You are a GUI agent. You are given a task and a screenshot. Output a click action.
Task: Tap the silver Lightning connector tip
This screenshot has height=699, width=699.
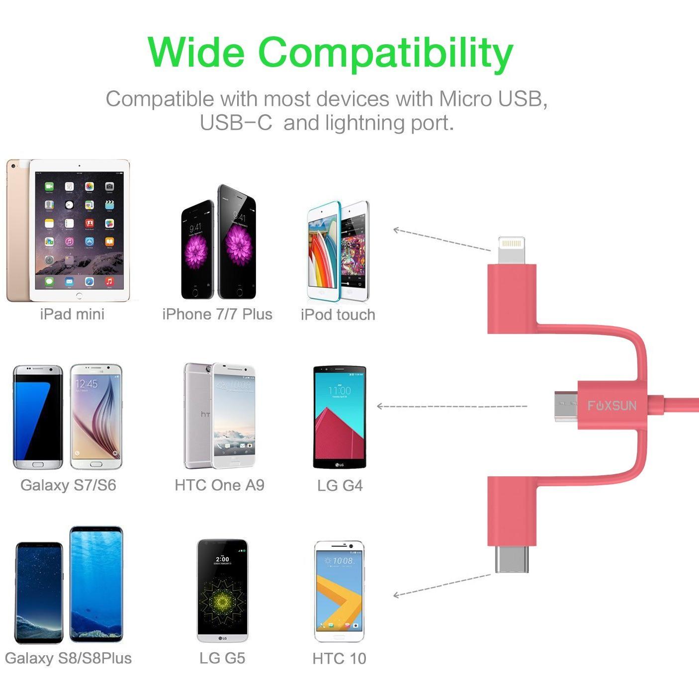pos(512,250)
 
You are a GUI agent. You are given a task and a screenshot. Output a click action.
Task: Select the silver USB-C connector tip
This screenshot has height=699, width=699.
pos(512,559)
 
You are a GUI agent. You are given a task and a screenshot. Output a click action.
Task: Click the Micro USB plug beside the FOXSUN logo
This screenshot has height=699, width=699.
pos(566,406)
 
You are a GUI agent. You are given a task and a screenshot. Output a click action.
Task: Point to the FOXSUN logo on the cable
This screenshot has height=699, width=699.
pos(612,406)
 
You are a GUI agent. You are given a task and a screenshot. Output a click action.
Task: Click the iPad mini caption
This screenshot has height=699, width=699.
pos(72,314)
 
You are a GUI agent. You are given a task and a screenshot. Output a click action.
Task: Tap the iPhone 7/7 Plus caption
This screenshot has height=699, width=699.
pos(217,314)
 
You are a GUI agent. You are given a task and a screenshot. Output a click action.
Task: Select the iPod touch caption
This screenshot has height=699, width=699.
pos(338,315)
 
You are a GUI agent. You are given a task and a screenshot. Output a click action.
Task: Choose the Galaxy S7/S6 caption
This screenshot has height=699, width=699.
pos(68,485)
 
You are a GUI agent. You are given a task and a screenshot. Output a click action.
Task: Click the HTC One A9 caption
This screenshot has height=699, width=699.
pos(219,485)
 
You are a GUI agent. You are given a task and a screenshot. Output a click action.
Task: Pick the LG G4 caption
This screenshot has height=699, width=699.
pos(340,485)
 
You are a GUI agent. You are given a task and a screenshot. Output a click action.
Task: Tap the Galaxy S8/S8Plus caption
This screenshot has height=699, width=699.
pos(68,658)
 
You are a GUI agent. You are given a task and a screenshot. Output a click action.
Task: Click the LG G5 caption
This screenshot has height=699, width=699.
pos(222,658)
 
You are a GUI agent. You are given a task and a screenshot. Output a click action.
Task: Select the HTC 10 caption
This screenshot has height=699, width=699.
pos(340,658)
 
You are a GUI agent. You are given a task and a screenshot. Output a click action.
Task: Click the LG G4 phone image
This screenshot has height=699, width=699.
pos(340,417)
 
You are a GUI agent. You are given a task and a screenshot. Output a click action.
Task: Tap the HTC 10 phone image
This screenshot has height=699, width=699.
pos(340,592)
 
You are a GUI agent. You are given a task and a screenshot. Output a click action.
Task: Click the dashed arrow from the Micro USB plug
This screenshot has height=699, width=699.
pos(452,406)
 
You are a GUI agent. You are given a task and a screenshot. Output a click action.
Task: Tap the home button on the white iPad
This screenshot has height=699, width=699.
pos(80,295)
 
